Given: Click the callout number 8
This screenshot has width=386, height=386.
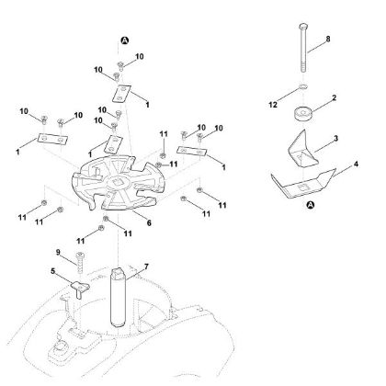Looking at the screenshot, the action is pyautogui.click(x=328, y=40).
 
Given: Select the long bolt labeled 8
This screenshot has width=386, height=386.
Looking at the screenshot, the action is pyautogui.click(x=303, y=48).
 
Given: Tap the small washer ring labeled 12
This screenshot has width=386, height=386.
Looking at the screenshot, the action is pyautogui.click(x=302, y=88).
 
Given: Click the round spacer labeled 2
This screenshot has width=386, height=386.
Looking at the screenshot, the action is pyautogui.click(x=302, y=114).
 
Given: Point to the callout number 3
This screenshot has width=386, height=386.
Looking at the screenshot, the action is pyautogui.click(x=335, y=139).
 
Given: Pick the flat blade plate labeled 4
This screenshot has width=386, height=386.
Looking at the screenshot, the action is pyautogui.click(x=302, y=184).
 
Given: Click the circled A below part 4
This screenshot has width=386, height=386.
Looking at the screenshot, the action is pyautogui.click(x=311, y=205).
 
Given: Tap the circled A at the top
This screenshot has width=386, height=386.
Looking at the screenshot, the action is pyautogui.click(x=125, y=40).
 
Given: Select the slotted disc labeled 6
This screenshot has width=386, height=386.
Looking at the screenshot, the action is pyautogui.click(x=119, y=183).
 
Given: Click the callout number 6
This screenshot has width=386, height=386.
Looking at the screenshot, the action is pyautogui.click(x=149, y=223).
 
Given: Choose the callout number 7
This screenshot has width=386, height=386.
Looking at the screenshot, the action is pyautogui.click(x=146, y=267).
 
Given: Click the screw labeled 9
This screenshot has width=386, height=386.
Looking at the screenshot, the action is pyautogui.click(x=80, y=263).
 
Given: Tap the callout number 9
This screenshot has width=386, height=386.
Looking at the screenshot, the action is pyautogui.click(x=58, y=253).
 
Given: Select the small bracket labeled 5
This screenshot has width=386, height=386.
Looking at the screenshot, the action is pyautogui.click(x=80, y=289).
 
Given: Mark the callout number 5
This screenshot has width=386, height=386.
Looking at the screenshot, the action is pyautogui.click(x=53, y=271).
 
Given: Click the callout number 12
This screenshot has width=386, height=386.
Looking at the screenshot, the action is pyautogui.click(x=273, y=105).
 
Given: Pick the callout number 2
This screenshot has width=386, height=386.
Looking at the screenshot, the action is pyautogui.click(x=334, y=97).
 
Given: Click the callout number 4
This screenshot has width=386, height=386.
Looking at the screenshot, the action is pyautogui.click(x=356, y=165).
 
